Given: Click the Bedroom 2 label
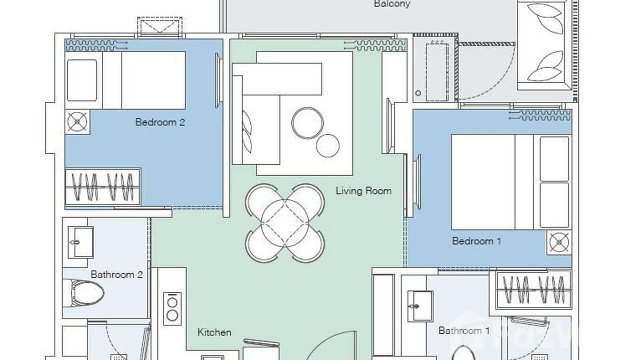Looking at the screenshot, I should (x=160, y=122).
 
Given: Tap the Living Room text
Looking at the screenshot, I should (x=363, y=191).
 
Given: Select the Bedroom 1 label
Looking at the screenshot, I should (x=476, y=241).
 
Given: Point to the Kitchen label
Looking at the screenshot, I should (x=214, y=332).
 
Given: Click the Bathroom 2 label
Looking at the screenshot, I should (x=117, y=275).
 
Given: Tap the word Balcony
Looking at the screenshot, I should (x=392, y=4).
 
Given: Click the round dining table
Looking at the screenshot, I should (x=285, y=223).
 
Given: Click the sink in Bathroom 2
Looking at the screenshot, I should (x=80, y=242).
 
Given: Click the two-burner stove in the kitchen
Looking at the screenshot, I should (x=172, y=308).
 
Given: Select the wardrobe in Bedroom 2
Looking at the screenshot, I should (x=103, y=187).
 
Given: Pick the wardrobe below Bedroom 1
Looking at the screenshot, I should (x=534, y=289).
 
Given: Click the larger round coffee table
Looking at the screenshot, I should (x=307, y=123).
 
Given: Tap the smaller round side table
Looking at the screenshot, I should (x=328, y=146).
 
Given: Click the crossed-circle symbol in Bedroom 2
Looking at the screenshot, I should (x=77, y=122).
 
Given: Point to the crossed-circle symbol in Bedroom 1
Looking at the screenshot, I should (x=559, y=243).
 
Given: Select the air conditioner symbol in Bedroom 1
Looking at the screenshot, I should (x=540, y=115).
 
